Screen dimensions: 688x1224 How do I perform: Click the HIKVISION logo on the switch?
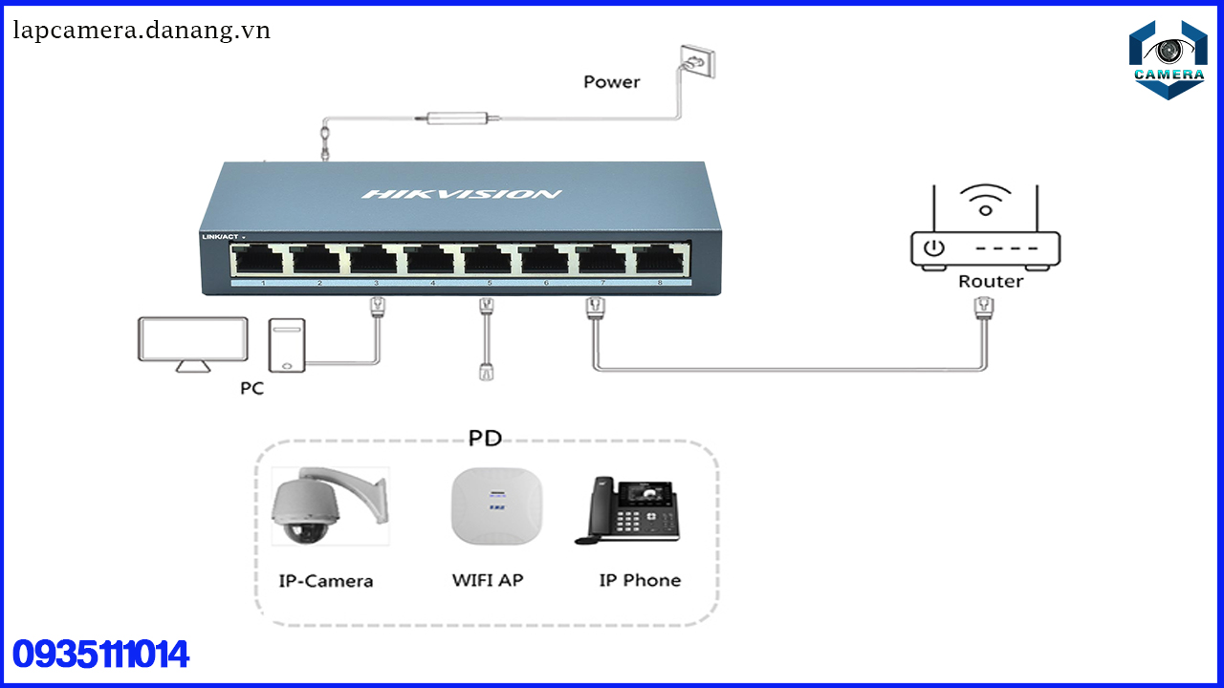pos(461,195)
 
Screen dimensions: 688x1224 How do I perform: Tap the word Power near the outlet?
pos(611,82)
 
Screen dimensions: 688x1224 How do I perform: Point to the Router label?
pos(990,282)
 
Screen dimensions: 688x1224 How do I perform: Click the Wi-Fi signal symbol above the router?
pos(985,199)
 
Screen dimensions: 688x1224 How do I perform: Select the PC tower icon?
pos(286,345)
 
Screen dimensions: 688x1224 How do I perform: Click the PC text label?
pos(251,389)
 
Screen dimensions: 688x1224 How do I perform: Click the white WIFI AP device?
pos(496,505)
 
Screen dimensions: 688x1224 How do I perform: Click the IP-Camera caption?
pos(326,581)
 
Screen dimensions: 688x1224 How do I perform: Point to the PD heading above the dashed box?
pos(485,439)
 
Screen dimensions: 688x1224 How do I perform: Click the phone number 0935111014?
pos(100,655)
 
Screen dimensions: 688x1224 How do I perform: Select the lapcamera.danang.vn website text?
pos(142,31)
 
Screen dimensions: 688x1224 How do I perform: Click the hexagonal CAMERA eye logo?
pos(1168,59)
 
